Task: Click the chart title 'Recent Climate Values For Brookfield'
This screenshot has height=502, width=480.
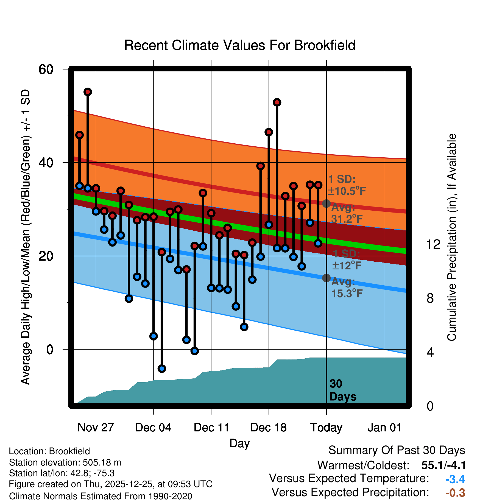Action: click(x=240, y=45)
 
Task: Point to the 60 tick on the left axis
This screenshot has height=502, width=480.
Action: click(x=46, y=69)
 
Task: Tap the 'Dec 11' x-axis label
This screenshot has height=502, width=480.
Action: click(x=211, y=428)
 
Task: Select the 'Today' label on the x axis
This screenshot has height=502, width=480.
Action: click(x=326, y=428)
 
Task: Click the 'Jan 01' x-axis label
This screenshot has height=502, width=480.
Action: click(x=384, y=428)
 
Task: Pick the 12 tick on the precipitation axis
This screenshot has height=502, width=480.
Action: click(x=433, y=244)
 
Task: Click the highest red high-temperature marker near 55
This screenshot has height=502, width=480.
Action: click(x=88, y=92)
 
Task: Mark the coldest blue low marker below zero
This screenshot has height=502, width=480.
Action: click(x=162, y=369)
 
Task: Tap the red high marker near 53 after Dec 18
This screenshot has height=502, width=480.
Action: click(x=277, y=102)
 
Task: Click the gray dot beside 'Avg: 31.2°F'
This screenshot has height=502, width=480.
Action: click(x=326, y=203)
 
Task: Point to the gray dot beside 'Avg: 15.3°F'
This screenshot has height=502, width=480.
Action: click(x=326, y=278)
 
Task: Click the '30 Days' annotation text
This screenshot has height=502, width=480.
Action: click(x=342, y=390)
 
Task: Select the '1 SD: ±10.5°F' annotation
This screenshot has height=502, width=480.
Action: click(x=347, y=185)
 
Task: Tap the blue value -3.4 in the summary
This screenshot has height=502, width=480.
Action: click(x=455, y=479)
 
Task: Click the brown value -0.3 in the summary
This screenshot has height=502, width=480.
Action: click(x=455, y=493)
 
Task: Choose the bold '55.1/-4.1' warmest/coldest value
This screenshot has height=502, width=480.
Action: click(x=443, y=465)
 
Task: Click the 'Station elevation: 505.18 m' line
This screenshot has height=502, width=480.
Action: click(x=65, y=462)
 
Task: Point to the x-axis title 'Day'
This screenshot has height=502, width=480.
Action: click(x=239, y=443)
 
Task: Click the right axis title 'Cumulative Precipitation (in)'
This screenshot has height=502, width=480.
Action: click(x=452, y=237)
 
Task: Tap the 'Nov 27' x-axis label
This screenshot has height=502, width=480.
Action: click(x=96, y=428)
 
